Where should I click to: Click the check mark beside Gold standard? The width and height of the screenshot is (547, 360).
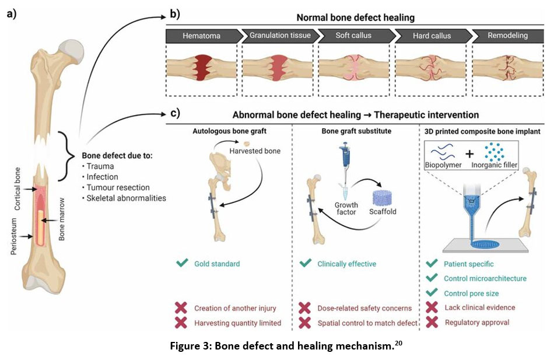(x=181, y=264)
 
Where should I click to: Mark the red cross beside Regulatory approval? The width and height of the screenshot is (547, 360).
(x=432, y=322)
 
